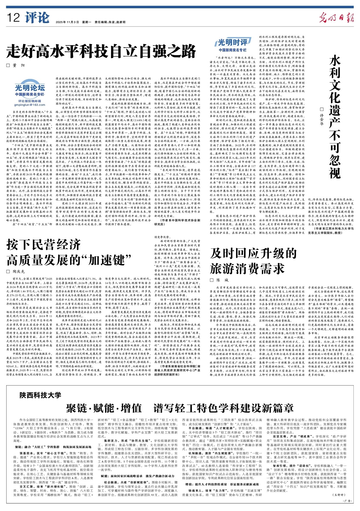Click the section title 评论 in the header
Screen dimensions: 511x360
(x=37, y=18)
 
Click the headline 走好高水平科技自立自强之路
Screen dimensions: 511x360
(x=102, y=52)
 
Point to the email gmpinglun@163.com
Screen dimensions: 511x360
(x=30, y=105)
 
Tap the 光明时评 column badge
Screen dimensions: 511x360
(x=232, y=43)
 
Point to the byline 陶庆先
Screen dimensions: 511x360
(x=19, y=271)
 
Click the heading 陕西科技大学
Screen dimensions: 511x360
(x=40, y=395)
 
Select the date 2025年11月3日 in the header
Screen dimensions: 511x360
(x=67, y=22)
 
